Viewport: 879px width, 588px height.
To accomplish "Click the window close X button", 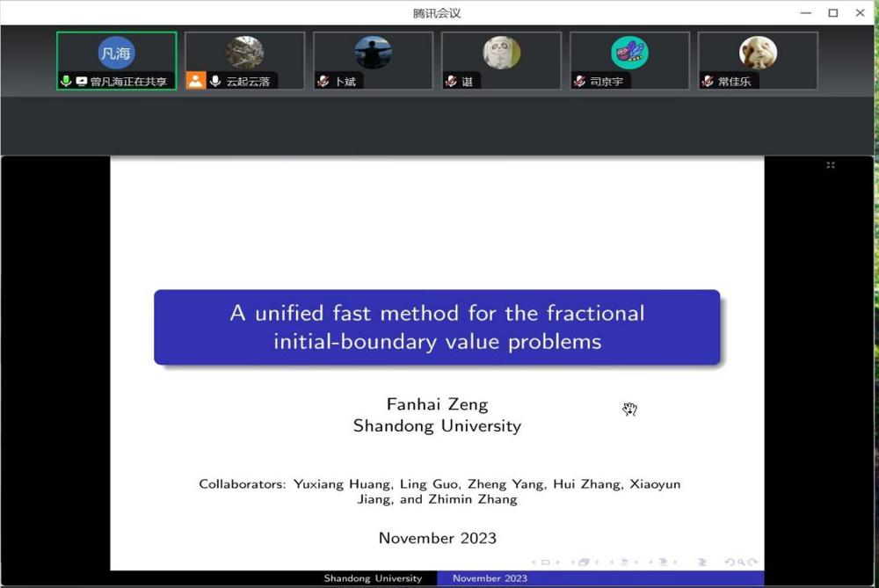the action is coord(860,12).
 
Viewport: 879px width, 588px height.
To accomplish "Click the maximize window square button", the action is coord(833,12).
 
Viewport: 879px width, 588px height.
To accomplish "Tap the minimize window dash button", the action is coord(806,13).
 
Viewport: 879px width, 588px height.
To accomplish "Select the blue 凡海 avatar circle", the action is coord(116,54).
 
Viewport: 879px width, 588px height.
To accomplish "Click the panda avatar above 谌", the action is coord(501,53).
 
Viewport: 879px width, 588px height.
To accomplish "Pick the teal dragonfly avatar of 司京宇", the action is coord(629,53).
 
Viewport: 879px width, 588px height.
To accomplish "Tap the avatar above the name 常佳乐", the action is coord(758,53).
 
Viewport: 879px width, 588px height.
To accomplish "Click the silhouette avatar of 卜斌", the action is coord(373,53).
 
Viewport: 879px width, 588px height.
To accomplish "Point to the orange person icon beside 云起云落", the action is coord(196,81).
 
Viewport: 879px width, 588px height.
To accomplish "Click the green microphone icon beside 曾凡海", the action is coord(66,81).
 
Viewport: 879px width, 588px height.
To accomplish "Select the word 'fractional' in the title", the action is coord(596,313).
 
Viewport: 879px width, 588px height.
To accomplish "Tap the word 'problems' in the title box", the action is coord(555,342).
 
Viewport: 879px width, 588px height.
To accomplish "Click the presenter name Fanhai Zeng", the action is coord(437,404).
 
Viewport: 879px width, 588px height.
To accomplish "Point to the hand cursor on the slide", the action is coord(629,410).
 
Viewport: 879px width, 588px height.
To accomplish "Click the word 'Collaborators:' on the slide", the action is coord(243,483).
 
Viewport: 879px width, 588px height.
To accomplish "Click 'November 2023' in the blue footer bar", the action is coord(490,578).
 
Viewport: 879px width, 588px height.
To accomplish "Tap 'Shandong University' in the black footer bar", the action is coord(373,578).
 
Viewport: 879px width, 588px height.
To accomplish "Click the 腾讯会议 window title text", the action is coord(437,13).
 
